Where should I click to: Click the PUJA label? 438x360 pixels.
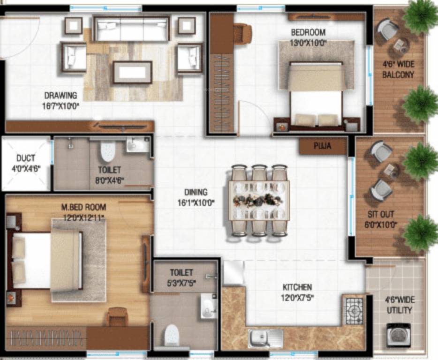pyautogui.click(x=323, y=146)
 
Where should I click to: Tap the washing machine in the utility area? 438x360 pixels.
pyautogui.click(x=398, y=334)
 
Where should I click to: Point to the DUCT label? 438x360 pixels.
pyautogui.click(x=25, y=158)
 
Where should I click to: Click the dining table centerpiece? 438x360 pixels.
pyautogui.click(x=258, y=200)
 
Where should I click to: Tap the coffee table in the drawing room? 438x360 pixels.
pyautogui.click(x=132, y=72)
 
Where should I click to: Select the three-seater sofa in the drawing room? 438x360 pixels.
pyautogui.click(x=131, y=29)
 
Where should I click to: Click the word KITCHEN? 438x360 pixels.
pyautogui.click(x=297, y=287)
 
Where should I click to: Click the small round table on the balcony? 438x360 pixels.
pyautogui.click(x=400, y=45)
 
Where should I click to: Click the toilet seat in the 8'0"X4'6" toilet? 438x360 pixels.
pyautogui.click(x=108, y=151)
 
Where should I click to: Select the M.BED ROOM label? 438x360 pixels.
pyautogui.click(x=83, y=207)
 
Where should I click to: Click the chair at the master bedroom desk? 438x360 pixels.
pyautogui.click(x=117, y=316)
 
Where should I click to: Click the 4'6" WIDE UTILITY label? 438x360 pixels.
pyautogui.click(x=400, y=305)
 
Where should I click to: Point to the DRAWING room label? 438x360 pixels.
pyautogui.click(x=60, y=96)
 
